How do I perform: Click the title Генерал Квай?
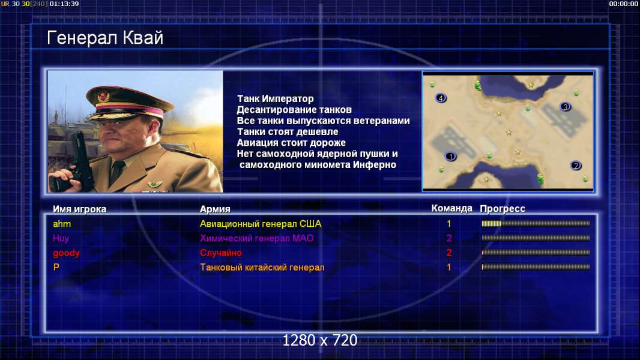(105, 38)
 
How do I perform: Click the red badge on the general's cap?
(104, 96)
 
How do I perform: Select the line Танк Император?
(276, 98)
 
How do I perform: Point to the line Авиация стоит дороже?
(291, 143)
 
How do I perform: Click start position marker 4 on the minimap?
(441, 98)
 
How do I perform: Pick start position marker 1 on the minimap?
(451, 157)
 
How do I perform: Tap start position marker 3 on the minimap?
(566, 107)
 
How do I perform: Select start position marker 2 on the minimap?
(576, 166)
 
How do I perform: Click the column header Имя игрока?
(80, 209)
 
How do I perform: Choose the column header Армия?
(215, 209)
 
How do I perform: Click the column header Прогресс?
(503, 209)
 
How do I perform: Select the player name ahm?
(62, 224)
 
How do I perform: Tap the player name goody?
(66, 253)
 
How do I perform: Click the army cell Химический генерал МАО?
(257, 238)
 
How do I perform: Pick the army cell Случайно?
(221, 253)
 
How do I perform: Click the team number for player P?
(449, 268)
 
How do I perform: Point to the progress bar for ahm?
(536, 223)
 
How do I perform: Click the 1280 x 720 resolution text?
(320, 340)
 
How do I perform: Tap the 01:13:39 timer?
(64, 4)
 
